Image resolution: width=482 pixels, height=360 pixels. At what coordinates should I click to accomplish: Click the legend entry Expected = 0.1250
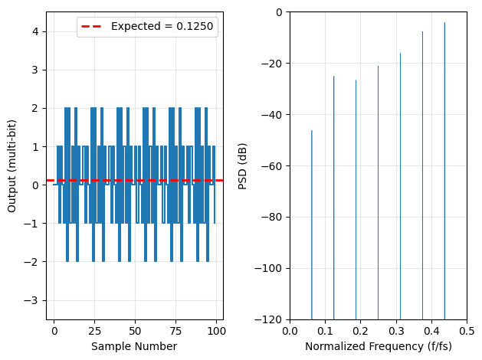pos(162,27)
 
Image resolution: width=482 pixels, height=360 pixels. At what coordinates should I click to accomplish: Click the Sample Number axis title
pos(134,346)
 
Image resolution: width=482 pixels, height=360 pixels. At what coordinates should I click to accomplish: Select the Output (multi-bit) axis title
pos(12,165)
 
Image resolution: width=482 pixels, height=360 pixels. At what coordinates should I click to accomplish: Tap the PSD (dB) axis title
pos(243,165)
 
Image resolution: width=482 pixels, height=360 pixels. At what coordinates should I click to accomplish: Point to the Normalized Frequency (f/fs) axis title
pos(379,346)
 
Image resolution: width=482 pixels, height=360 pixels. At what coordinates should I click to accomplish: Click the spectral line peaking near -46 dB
pos(312,230)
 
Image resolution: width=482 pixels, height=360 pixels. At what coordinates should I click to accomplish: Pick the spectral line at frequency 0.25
pos(378,191)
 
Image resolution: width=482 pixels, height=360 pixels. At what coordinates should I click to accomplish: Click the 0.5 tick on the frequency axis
pos(467,330)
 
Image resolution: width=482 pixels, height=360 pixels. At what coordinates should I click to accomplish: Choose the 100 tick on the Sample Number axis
pos(216,330)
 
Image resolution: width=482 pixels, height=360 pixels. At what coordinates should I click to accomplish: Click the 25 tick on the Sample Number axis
pos(94,330)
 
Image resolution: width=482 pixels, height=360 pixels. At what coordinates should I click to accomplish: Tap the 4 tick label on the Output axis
pos(37,31)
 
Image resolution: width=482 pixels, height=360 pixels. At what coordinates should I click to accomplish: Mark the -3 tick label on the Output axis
pos(34,300)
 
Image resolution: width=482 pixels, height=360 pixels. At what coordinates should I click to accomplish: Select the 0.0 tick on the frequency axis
pos(290,330)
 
